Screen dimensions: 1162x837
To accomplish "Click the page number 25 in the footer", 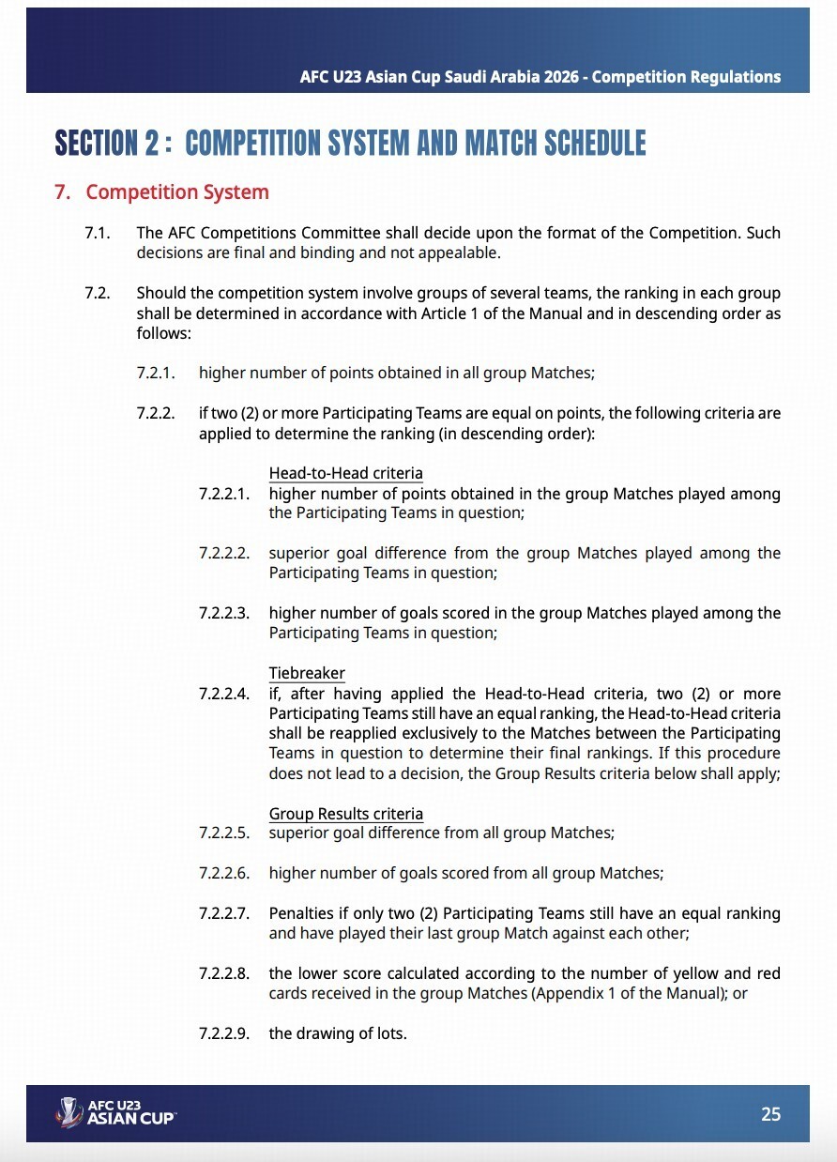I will tap(770, 1114).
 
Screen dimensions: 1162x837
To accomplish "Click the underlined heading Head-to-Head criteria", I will tap(345, 473).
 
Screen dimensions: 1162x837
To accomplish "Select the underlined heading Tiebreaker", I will tap(307, 673).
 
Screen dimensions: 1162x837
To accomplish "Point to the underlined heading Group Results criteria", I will tap(345, 813).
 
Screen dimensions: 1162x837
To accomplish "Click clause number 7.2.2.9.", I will tap(224, 1033).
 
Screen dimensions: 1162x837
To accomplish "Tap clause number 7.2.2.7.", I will tap(224, 913).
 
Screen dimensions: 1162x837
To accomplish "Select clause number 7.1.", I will tap(98, 233).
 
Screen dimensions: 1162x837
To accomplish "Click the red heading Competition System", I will tap(177, 192).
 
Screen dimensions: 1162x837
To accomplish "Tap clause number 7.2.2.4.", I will tap(224, 694).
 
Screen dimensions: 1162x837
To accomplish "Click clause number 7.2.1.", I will tap(157, 373).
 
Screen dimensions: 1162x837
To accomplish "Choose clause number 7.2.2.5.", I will tap(224, 833).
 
